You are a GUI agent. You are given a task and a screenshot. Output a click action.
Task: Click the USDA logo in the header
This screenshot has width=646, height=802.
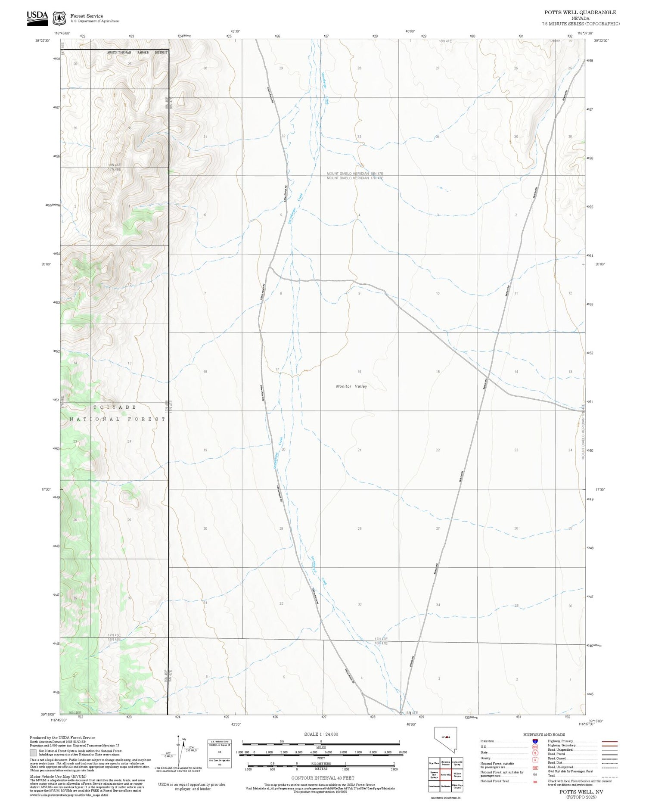(x=37, y=18)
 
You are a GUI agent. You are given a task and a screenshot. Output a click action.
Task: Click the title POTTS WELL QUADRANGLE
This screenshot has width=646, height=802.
(x=580, y=12)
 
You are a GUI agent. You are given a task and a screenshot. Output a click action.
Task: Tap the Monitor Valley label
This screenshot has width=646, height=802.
(x=351, y=386)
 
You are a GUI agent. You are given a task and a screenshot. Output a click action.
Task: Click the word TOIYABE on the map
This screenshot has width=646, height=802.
(x=115, y=407)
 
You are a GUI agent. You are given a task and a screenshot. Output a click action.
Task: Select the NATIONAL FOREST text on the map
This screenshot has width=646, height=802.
(x=118, y=419)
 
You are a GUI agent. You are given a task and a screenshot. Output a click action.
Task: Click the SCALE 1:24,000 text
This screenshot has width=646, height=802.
(x=321, y=734)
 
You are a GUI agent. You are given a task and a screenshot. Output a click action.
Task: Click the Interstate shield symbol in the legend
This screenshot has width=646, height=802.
(x=535, y=741)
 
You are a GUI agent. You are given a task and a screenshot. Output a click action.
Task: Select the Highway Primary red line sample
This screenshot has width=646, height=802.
(x=609, y=741)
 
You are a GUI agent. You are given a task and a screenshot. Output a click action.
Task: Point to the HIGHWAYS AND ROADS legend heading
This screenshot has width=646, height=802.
(x=544, y=735)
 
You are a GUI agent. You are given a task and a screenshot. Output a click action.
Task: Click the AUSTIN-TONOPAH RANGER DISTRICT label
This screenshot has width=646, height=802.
(x=137, y=53)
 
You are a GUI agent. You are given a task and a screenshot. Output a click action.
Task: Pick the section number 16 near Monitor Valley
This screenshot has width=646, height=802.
(x=359, y=371)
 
